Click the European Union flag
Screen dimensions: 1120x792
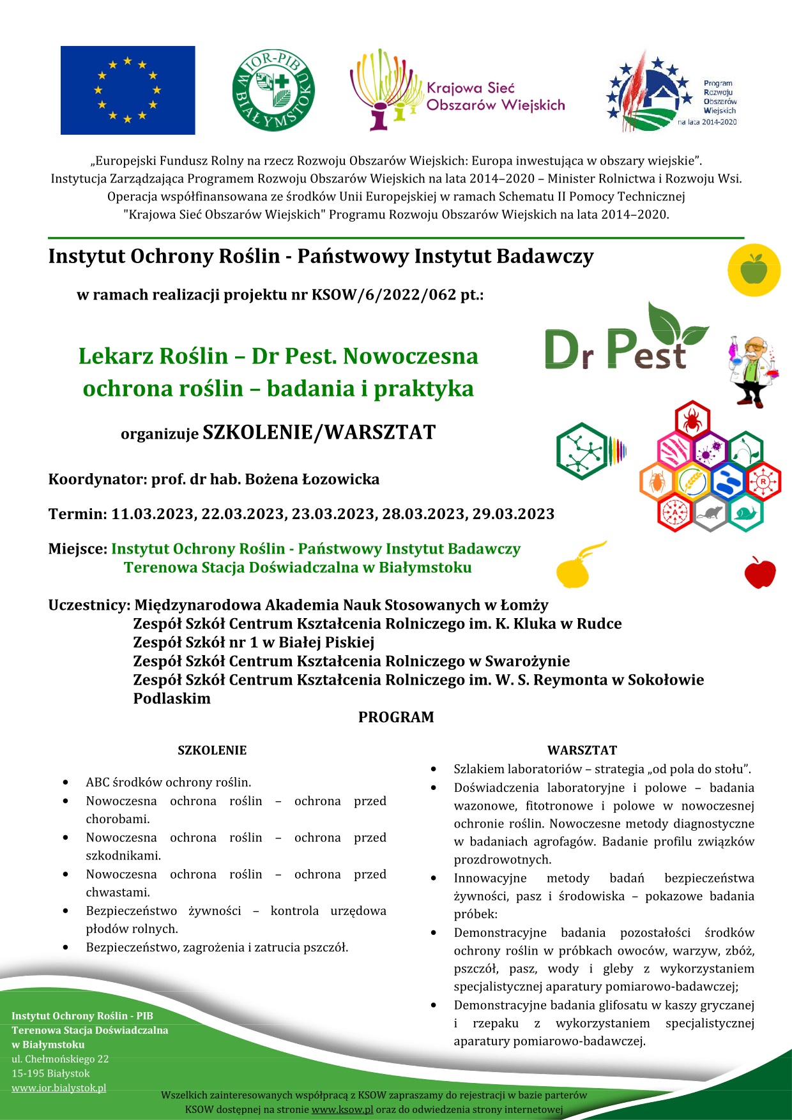128,90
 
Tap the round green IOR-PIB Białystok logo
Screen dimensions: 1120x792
273,91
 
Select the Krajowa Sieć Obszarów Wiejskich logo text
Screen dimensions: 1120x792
495,96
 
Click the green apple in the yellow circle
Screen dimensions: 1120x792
754,269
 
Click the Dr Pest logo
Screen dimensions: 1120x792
623,342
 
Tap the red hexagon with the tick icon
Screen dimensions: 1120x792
692,420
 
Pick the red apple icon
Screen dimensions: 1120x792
759,572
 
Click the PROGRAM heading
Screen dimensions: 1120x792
396,717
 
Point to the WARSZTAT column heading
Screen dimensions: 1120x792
582,750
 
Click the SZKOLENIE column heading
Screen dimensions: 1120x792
212,750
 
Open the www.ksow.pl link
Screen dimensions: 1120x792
342,1109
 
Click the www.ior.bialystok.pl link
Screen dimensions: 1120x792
59,1088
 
